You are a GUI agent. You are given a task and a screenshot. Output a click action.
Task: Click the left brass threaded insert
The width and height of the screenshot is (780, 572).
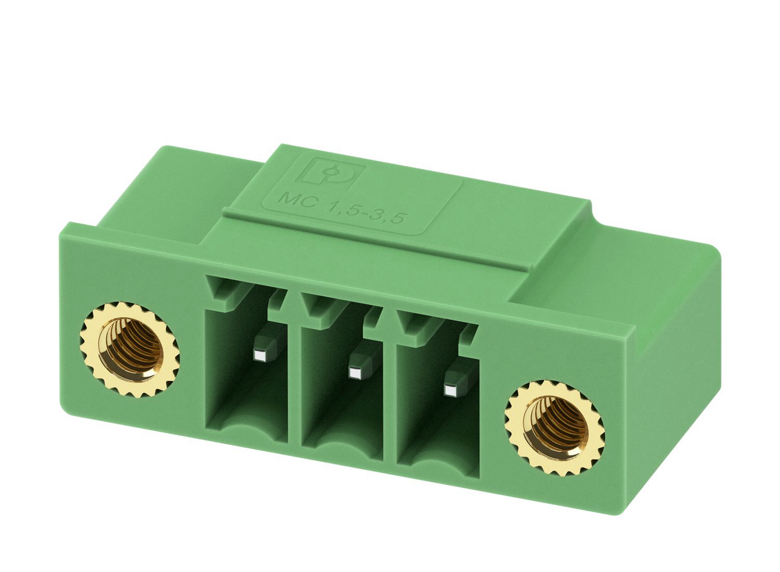tap(130, 349)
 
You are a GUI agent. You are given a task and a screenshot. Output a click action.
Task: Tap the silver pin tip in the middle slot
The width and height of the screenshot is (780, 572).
tap(355, 373)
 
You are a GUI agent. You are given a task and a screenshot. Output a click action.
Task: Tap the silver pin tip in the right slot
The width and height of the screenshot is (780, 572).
tap(450, 391)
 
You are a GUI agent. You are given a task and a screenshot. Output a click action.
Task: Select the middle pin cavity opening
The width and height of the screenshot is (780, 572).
tap(342, 378)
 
